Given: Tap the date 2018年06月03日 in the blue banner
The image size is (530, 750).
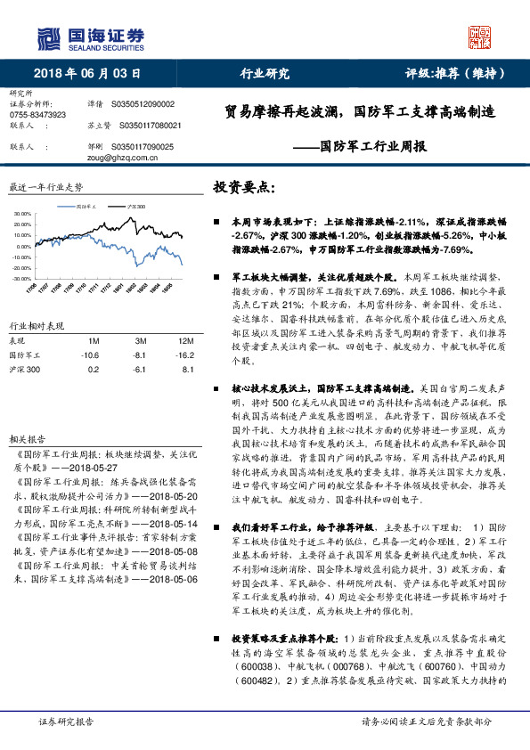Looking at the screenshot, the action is pos(88,73).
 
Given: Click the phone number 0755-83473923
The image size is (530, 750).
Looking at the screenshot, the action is pos(37,115).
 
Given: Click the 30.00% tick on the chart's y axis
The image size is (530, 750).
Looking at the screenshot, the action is pos(23,214).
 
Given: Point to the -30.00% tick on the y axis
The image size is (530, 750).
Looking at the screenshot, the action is pos(22,279).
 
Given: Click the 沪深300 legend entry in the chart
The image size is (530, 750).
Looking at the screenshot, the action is pos(135,204).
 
